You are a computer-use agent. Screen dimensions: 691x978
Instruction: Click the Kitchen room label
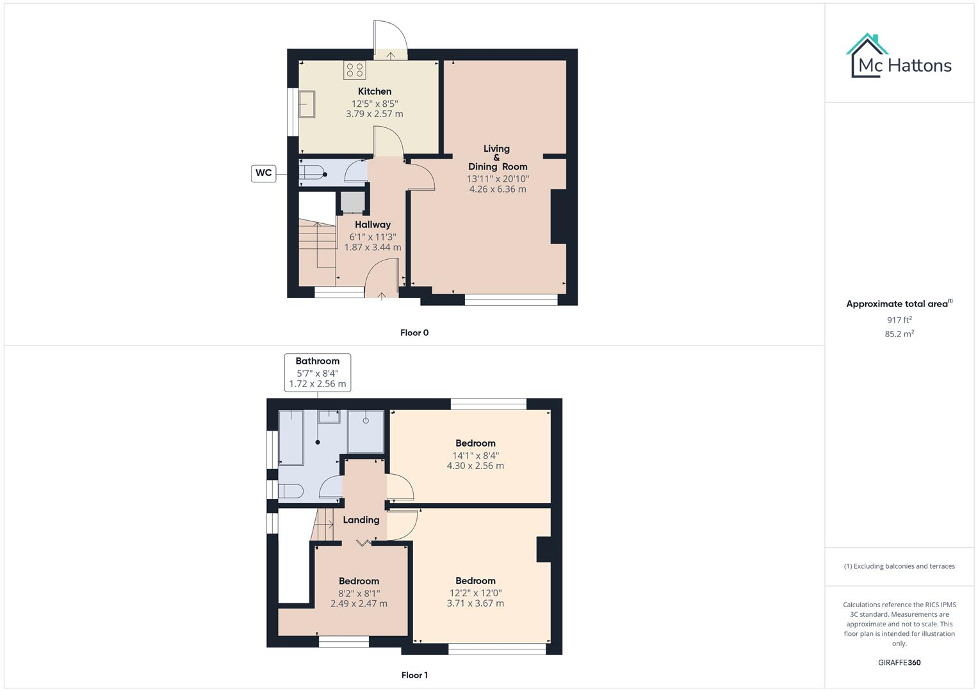[375, 91]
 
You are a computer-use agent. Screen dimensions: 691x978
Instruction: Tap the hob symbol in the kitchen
[354, 70]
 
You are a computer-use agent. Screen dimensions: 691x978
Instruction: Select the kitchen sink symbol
[306, 104]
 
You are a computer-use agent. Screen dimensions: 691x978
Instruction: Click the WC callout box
[263, 173]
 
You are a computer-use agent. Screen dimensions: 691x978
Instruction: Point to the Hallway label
[373, 225]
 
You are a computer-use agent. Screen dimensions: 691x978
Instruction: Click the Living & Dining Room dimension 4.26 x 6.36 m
[498, 189]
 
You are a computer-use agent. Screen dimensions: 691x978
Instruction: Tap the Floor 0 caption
[414, 333]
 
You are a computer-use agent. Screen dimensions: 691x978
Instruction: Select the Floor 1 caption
[414, 675]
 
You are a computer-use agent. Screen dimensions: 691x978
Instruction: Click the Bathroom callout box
[317, 372]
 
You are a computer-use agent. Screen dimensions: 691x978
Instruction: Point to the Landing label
[361, 520]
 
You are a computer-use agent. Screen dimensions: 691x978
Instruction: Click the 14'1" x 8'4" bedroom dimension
[475, 456]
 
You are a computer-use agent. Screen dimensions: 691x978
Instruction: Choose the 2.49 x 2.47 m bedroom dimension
[359, 603]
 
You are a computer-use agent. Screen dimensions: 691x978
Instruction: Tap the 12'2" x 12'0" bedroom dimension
[475, 592]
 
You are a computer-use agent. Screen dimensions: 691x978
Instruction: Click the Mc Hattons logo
[899, 58]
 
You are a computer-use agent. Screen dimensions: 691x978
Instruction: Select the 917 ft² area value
[899, 320]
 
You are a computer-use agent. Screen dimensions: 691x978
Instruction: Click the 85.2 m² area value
[899, 334]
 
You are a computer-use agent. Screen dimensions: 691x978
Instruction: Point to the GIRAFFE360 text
[899, 662]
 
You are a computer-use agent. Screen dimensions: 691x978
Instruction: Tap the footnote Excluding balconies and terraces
[899, 566]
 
